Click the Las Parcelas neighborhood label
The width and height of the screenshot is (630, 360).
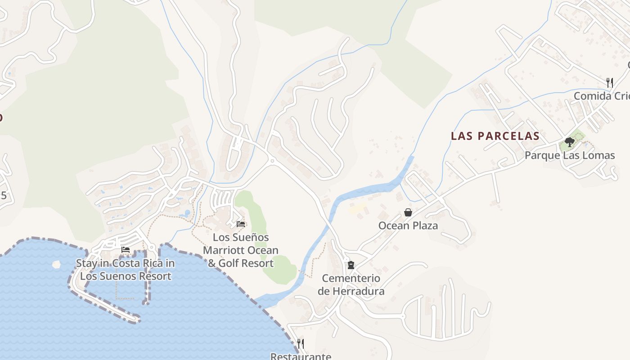tap(495, 136)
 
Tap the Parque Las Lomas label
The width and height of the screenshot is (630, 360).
tap(570, 156)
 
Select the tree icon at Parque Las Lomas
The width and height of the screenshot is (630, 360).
tap(570, 143)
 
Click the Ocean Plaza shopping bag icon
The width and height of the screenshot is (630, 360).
tap(408, 212)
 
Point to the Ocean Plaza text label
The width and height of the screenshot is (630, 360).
tap(408, 225)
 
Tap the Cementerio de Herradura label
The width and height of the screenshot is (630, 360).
tap(351, 284)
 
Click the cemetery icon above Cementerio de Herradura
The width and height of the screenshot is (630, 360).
tap(351, 265)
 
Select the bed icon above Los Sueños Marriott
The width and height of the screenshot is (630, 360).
tap(241, 224)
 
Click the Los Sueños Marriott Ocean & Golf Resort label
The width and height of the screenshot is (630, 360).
tap(241, 250)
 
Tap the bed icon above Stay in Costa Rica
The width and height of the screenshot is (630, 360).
tap(126, 250)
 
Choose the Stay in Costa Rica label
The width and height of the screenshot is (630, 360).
tap(126, 270)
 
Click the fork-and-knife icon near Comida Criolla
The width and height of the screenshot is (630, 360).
tap(610, 82)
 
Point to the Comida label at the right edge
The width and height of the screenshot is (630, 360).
tap(601, 96)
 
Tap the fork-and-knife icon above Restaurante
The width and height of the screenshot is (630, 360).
tap(301, 343)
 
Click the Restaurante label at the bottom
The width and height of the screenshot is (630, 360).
tap(301, 356)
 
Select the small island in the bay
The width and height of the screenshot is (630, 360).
tap(56, 264)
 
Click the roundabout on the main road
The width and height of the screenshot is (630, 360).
tap(272, 161)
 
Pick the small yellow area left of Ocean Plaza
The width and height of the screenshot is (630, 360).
tap(357, 208)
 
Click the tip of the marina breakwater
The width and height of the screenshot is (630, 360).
tap(135, 320)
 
